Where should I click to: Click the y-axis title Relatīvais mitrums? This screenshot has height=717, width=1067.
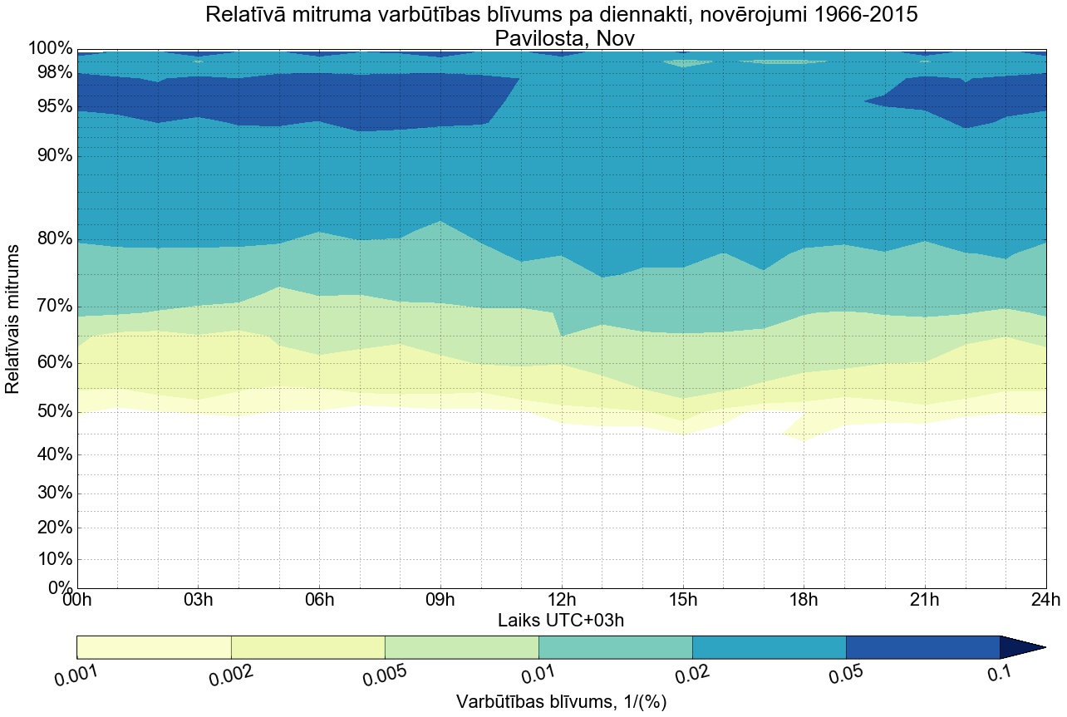click(13, 320)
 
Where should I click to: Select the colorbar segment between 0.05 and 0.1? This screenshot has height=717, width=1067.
click(922, 647)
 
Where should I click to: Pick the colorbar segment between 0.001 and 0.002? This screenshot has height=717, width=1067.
click(154, 647)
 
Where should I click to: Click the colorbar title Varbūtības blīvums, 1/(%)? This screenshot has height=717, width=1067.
click(561, 701)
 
